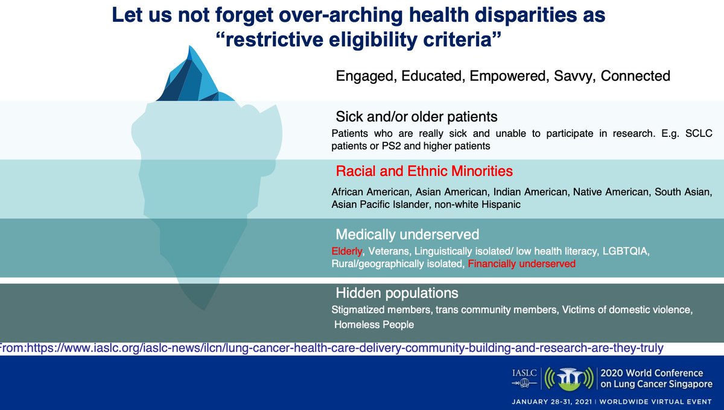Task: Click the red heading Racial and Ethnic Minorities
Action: (424, 171)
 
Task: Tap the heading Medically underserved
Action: (407, 234)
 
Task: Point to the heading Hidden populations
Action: (397, 294)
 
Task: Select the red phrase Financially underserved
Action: (521, 263)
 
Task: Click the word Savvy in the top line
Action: (576, 77)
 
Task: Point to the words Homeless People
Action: (375, 324)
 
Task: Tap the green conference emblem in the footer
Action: (566, 377)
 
